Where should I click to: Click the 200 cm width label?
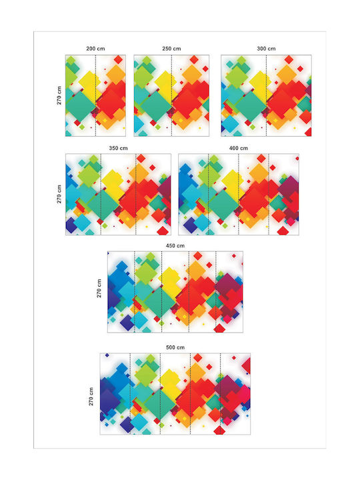[x=95, y=49]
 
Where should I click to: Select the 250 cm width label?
[x=171, y=49]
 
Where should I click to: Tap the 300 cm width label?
[x=266, y=49]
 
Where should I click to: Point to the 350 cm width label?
[x=118, y=148]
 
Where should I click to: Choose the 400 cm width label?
[x=239, y=148]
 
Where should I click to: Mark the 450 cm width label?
[x=175, y=246]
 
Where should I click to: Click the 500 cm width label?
[x=175, y=347]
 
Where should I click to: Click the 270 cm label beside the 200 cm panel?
[x=59, y=95]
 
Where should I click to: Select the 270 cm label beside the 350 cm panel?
[x=59, y=194]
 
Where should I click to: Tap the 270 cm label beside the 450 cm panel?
[x=99, y=289]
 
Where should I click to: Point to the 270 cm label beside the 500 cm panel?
[x=91, y=397]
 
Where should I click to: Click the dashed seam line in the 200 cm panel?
[x=95, y=95]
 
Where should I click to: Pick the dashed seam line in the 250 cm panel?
[x=171, y=95]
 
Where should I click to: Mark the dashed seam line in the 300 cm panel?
[x=266, y=95]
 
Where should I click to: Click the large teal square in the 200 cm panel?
[x=81, y=106]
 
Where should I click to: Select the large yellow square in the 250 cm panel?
[x=165, y=83]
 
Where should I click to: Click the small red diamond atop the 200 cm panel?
[x=118, y=59]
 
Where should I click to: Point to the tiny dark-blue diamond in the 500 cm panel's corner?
[x=107, y=355]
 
